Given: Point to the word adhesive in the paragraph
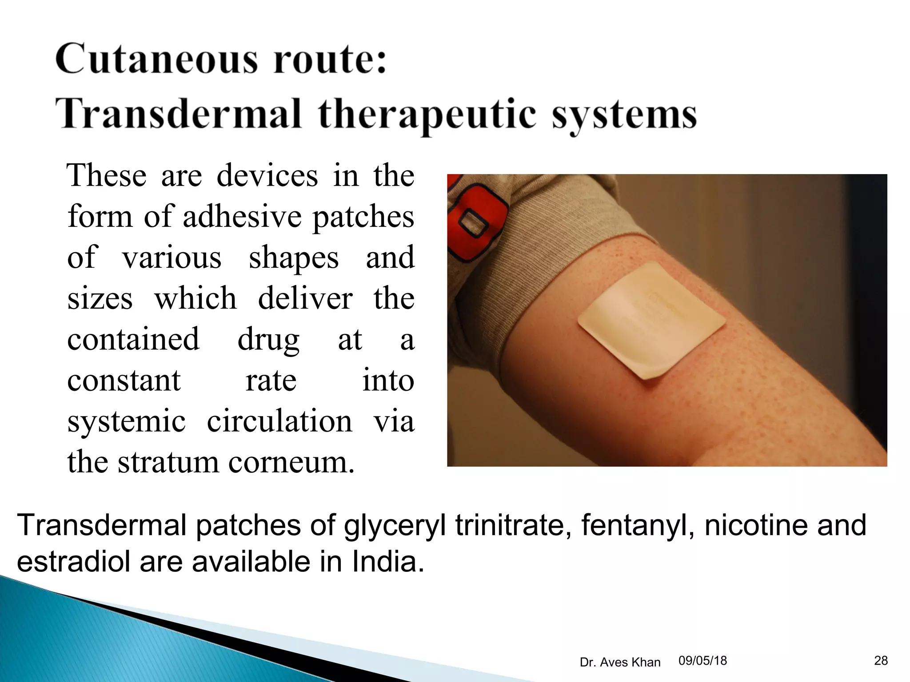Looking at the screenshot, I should coord(242,217).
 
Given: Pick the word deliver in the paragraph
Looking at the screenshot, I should coord(305,298).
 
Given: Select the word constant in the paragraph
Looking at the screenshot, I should coord(124,381).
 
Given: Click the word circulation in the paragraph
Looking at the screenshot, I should coord(279,421).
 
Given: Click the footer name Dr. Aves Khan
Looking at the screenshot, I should coord(620,662).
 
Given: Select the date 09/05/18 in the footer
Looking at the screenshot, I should coord(702,661).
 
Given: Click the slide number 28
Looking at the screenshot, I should coord(881,661).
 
